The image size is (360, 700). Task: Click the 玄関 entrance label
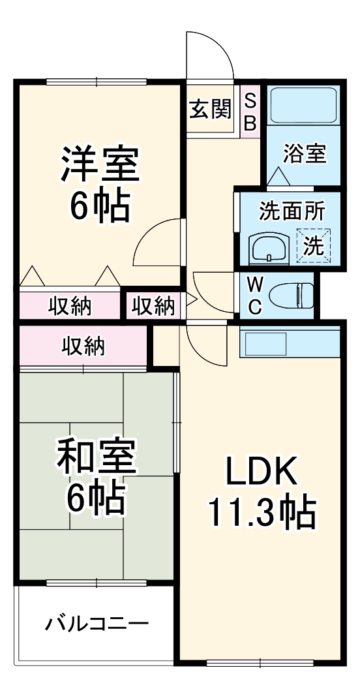click(210, 109)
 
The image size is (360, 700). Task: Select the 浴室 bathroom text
click(304, 155)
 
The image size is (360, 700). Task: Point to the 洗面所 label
click(290, 211)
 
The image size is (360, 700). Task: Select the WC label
click(255, 296)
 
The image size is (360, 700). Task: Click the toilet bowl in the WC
click(292, 295)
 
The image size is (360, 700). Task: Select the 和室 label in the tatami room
click(96, 458)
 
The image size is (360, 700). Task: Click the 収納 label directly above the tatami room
click(83, 346)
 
